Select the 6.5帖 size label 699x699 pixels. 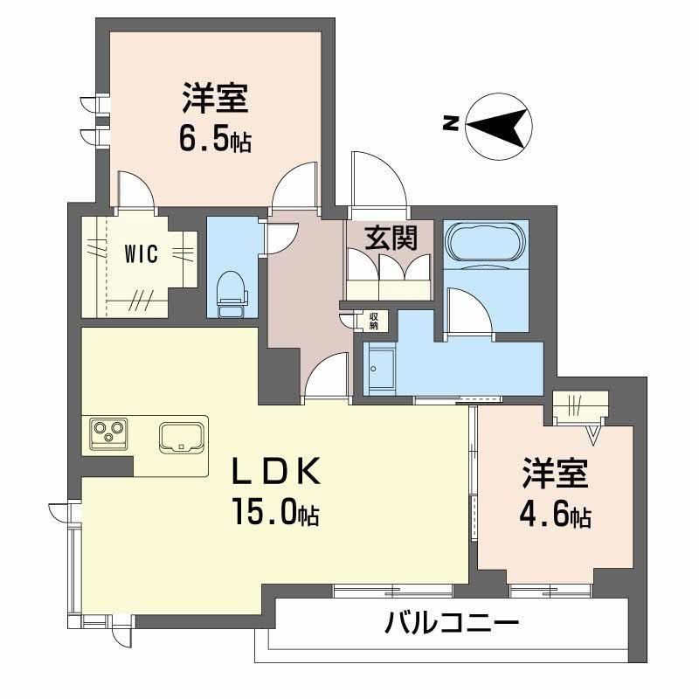216,140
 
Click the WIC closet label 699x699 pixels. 140,254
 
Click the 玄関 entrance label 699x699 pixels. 385,236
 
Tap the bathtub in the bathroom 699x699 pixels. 485,239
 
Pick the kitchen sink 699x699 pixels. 183,434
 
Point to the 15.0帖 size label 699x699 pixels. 274,511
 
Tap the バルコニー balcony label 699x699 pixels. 453,624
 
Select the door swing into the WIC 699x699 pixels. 136,190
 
